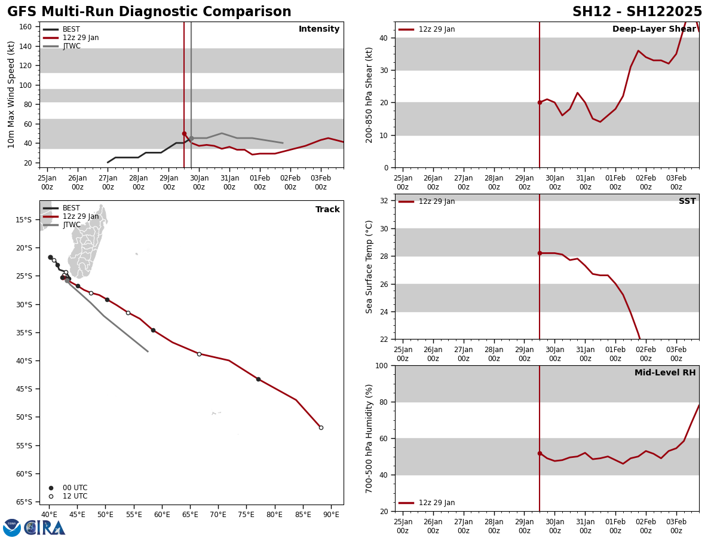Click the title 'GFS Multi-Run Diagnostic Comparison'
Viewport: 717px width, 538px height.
point(149,12)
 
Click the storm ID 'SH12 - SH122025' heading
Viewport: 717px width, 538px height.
point(637,12)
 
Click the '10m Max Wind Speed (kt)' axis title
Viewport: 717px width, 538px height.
point(12,94)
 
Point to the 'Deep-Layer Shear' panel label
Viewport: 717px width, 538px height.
point(654,29)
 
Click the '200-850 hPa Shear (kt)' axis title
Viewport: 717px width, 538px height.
point(369,94)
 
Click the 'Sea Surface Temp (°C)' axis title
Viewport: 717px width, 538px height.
point(369,267)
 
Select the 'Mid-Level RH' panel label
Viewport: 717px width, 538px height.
point(665,373)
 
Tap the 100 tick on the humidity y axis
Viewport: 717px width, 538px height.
point(381,365)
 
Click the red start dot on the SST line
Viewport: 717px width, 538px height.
point(540,253)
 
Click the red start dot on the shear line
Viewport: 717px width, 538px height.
point(540,102)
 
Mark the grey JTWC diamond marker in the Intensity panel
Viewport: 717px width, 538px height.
point(191,138)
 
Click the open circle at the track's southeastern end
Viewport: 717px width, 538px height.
point(321,427)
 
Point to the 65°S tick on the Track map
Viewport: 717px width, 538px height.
point(28,502)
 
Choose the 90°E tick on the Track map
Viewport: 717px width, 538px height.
point(331,514)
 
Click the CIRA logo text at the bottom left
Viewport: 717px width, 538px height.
point(45,527)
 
